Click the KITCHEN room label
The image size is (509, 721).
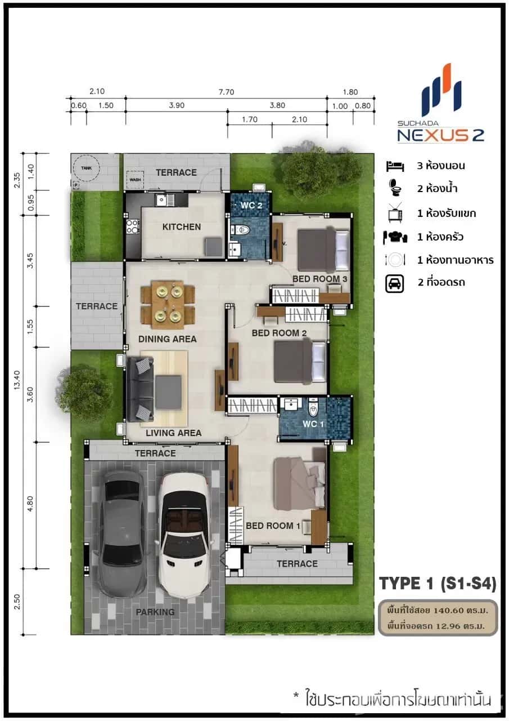point(181,227)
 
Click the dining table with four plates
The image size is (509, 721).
point(168,304)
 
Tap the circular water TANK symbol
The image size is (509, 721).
point(86,167)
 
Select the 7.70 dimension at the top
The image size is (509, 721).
point(226,92)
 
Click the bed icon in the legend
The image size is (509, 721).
point(395,166)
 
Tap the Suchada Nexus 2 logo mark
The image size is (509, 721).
point(442,90)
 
